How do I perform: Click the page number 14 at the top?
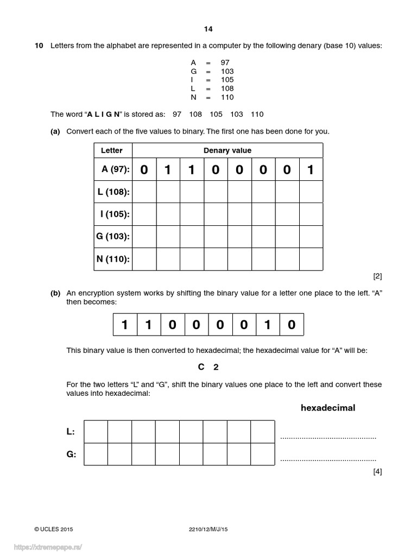pos(208,29)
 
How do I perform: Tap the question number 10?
pos(39,46)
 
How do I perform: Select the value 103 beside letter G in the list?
pos(228,71)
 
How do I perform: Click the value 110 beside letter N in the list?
pos(228,97)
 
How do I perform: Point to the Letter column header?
pos(112,150)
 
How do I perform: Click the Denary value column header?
pos(227,150)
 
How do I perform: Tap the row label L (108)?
pos(114,192)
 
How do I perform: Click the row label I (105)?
pos(115,214)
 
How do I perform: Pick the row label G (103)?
pos(113,236)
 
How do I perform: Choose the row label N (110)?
pos(113,259)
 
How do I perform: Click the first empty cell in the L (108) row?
pos(144,192)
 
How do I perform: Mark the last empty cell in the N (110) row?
pos(311,259)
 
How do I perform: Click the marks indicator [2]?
pos(377,276)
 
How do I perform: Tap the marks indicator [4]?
pos(377,471)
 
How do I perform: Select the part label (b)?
pos(55,293)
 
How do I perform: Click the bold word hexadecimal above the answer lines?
pos(328,408)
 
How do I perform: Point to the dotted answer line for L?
pos(328,436)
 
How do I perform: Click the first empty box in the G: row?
pos(96,454)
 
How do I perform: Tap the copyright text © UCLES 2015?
pos(53,529)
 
